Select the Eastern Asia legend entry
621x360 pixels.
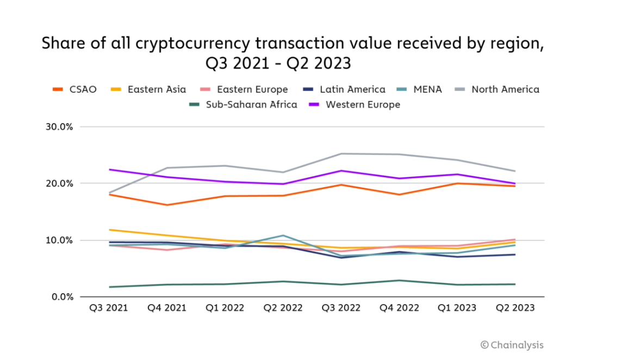[x=150, y=90]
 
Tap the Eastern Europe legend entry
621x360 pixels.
[x=245, y=90]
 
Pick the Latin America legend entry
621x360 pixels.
[x=345, y=90]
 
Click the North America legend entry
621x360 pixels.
[x=498, y=90]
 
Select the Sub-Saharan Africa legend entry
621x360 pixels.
[x=244, y=104]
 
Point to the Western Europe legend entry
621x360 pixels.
[x=356, y=104]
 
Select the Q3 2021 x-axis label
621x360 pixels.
[x=109, y=308]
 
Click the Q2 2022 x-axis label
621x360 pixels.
[x=283, y=308]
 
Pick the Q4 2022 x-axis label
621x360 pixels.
[x=399, y=308]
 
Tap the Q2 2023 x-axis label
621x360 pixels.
[x=514, y=308]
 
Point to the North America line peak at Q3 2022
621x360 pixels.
[x=341, y=153]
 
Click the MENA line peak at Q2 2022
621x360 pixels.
[x=283, y=235]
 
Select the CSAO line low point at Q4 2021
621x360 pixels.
[x=167, y=205]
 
